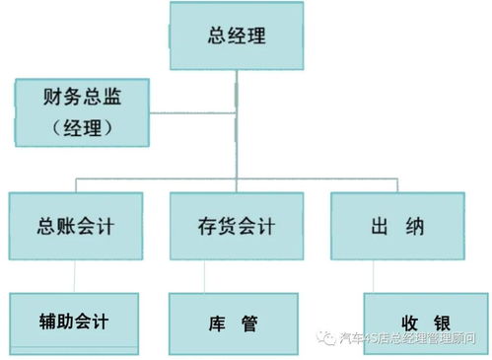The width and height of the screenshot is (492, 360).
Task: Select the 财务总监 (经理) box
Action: click(81, 111)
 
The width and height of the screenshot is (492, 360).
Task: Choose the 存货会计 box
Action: click(235, 227)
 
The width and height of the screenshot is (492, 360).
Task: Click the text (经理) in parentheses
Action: click(81, 129)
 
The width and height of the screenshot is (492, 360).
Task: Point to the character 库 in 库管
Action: click(219, 323)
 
